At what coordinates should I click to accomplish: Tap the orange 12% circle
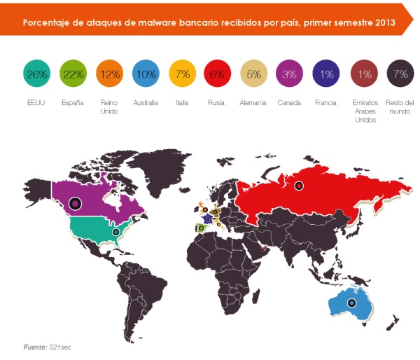pyautogui.click(x=109, y=74)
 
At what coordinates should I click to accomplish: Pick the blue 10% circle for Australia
pyautogui.click(x=144, y=74)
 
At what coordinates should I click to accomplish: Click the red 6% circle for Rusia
pyautogui.click(x=217, y=74)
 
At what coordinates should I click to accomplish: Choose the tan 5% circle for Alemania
pyautogui.click(x=253, y=74)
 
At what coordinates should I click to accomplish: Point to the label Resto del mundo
pyautogui.click(x=400, y=106)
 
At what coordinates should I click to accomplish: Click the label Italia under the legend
pyautogui.click(x=181, y=103)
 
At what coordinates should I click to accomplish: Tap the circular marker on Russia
pyautogui.click(x=299, y=186)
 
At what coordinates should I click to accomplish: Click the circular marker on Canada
pyautogui.click(x=75, y=204)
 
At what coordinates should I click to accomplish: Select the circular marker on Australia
pyautogui.click(x=351, y=303)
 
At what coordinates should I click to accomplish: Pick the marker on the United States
pyautogui.click(x=115, y=231)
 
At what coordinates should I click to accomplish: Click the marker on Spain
pyautogui.click(x=201, y=228)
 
